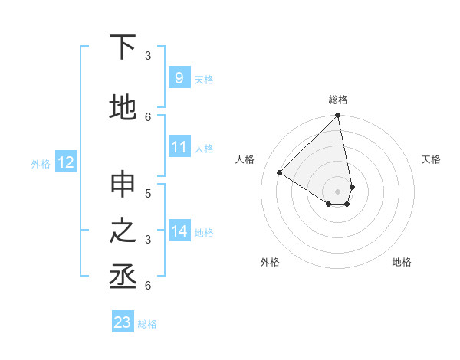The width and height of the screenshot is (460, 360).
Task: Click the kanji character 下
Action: coord(123,47)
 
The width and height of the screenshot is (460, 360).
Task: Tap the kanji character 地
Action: coord(123,106)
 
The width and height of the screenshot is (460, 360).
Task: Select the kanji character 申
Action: coord(123,186)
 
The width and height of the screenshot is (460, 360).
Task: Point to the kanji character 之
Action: coord(123,231)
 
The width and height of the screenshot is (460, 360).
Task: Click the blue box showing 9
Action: coord(179,78)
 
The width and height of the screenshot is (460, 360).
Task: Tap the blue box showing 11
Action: coord(179,147)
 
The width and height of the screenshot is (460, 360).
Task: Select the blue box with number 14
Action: coord(179,231)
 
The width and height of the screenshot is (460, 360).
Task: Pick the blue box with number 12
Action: coord(66,162)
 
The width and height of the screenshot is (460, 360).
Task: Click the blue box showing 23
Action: coord(123,322)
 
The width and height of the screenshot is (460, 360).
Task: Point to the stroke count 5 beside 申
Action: coord(148,193)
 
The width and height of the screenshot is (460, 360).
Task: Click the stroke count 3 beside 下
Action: coord(148,55)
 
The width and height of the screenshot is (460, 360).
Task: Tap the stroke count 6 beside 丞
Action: coord(148,285)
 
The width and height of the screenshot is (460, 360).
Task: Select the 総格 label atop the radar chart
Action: coord(338,100)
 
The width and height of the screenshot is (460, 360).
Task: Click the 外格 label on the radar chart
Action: coord(270,262)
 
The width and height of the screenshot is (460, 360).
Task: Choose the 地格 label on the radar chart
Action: coord(402,262)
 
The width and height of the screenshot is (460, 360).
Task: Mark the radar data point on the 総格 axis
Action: coord(338,116)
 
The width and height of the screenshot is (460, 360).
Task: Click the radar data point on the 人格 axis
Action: coord(280,173)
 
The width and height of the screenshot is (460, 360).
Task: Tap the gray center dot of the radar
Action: coord(338,191)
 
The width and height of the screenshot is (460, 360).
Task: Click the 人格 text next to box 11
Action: coord(205,148)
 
